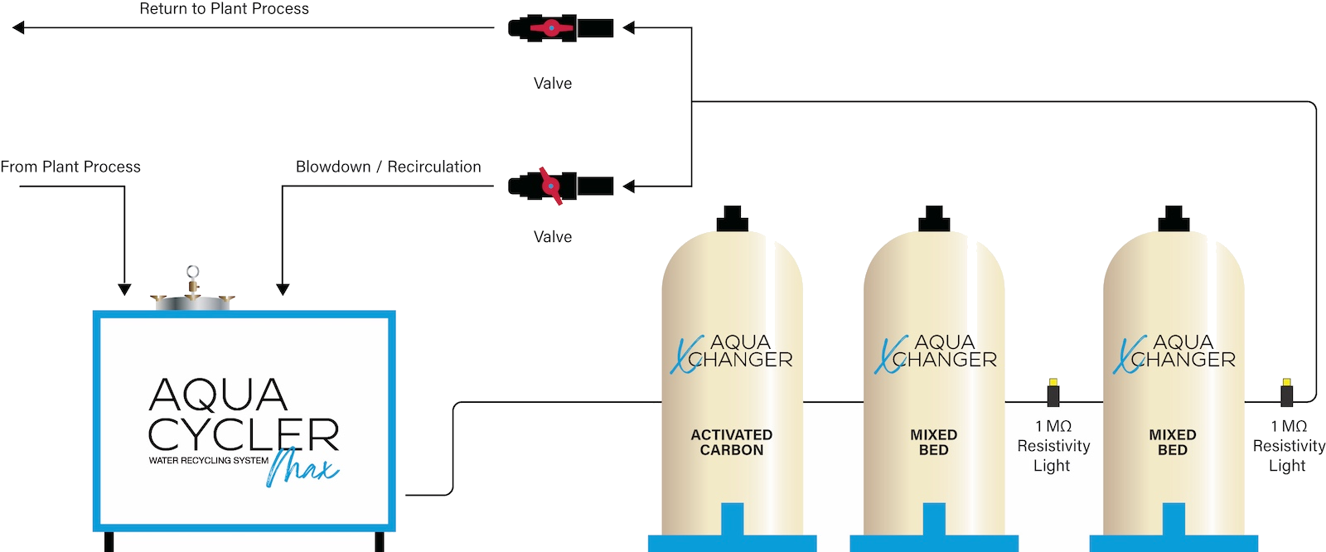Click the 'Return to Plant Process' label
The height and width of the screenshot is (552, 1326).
click(x=224, y=9)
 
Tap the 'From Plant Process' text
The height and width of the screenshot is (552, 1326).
click(x=70, y=167)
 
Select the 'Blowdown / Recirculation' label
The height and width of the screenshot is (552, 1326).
click(x=388, y=167)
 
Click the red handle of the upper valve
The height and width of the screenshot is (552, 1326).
click(x=551, y=28)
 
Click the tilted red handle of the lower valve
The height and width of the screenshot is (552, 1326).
click(x=551, y=186)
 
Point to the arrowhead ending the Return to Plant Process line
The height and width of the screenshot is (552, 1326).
click(x=18, y=28)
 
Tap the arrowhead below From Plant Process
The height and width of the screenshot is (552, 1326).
click(x=124, y=289)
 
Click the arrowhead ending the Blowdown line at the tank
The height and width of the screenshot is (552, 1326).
click(x=283, y=289)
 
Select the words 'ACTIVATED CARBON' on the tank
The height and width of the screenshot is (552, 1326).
click(x=732, y=442)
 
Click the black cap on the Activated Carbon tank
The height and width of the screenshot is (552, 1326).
click(x=732, y=220)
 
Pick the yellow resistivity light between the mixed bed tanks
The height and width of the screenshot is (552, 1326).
click(x=1053, y=384)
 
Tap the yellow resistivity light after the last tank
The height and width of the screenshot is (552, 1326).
click(x=1286, y=384)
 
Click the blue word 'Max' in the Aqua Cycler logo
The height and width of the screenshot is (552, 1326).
click(x=302, y=467)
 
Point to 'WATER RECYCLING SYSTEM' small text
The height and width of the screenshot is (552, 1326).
click(x=208, y=460)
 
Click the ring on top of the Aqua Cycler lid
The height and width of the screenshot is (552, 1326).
click(x=193, y=271)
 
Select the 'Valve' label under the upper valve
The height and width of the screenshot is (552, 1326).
click(x=553, y=83)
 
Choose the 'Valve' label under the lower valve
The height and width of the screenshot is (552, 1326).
click(x=553, y=236)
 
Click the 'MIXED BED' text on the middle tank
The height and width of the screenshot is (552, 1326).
click(x=934, y=442)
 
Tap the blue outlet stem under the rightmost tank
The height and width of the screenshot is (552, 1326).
click(x=1174, y=520)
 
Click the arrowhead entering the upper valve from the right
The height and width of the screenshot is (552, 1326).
click(x=628, y=28)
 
